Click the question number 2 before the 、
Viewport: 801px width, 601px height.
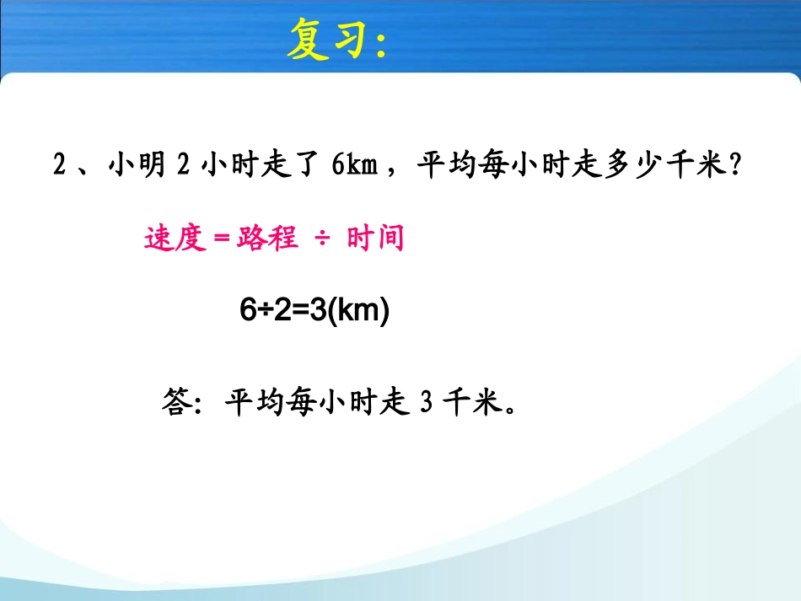[59, 165]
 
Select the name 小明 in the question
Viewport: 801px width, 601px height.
[136, 165]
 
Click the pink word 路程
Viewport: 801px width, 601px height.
[267, 239]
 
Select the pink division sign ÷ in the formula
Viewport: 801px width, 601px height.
[322, 239]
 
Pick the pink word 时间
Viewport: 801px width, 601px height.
[375, 239]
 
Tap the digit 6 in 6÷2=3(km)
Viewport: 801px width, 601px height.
[247, 312]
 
